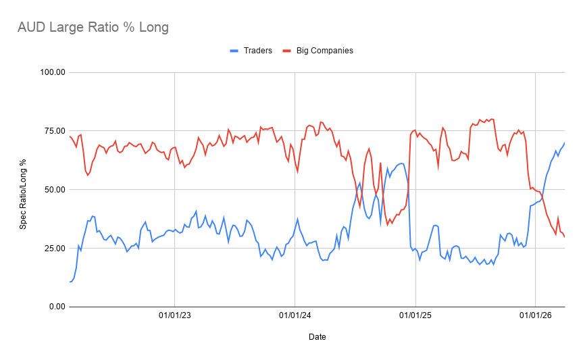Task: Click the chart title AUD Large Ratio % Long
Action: click(93, 28)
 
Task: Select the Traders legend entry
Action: click(257, 51)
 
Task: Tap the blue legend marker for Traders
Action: click(234, 51)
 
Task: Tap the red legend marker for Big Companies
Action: click(287, 51)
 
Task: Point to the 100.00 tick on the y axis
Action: click(51, 72)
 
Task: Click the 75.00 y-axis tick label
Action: click(53, 131)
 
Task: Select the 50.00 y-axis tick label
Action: click(53, 190)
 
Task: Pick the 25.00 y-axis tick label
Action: click(53, 249)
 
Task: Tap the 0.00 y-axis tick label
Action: click(55, 307)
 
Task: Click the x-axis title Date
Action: click(317, 336)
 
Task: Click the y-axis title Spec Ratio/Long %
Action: click(22, 190)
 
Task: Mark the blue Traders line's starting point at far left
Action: click(70, 282)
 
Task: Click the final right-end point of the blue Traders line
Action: click(564, 143)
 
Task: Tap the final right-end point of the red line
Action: click(564, 236)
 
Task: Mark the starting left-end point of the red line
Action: click(70, 136)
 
